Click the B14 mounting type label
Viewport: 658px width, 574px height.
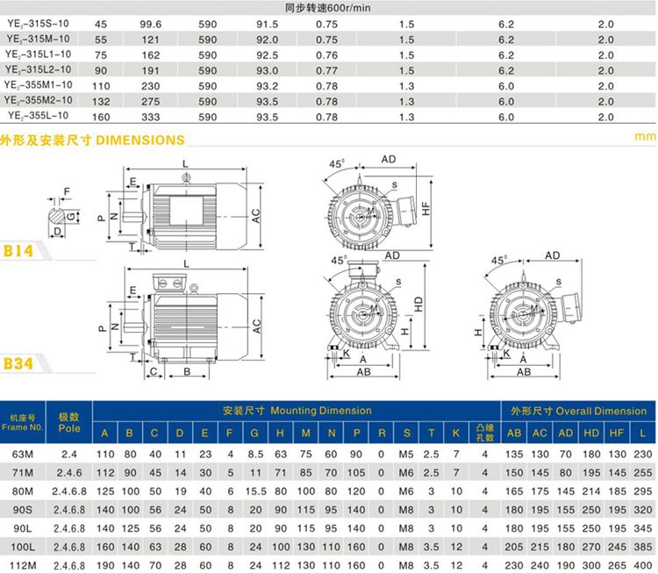click(x=19, y=251)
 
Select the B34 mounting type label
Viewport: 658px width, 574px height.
click(x=19, y=362)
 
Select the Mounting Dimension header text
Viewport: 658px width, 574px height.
click(x=297, y=411)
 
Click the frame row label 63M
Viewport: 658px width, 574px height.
click(x=23, y=454)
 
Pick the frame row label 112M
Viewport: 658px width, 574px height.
click(x=23, y=564)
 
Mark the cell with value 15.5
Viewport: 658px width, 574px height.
click(x=255, y=491)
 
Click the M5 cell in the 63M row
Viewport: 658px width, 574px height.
click(x=406, y=454)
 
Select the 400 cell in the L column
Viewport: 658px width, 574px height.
click(x=643, y=564)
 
